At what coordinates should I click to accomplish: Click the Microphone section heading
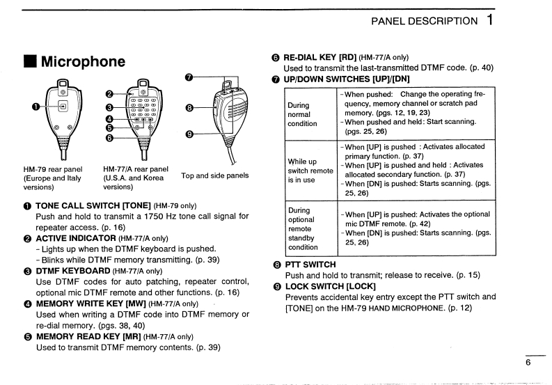(84, 61)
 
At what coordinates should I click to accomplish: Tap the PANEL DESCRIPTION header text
(425, 21)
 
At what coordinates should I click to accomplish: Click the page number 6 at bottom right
(528, 361)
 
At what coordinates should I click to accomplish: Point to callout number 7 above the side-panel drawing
(189, 77)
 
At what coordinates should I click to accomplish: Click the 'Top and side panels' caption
(214, 176)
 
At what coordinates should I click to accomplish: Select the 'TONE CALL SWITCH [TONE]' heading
(89, 206)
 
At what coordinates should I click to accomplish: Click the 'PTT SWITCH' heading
(310, 265)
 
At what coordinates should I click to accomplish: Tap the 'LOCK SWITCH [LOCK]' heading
(330, 286)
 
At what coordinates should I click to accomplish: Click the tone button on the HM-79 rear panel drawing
(63, 106)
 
